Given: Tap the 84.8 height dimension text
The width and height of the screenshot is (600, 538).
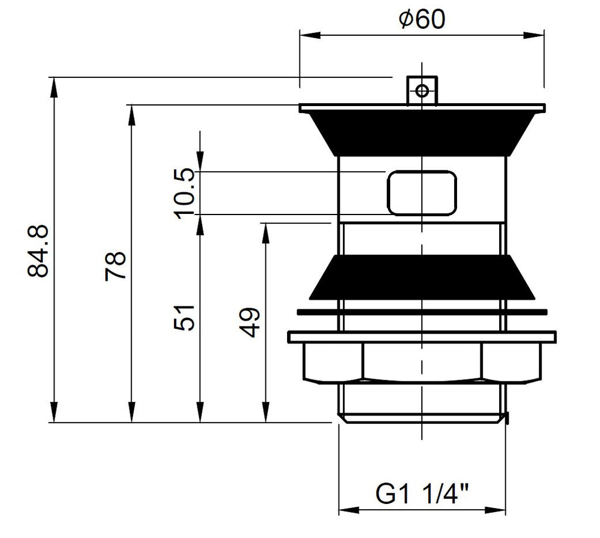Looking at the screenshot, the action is tap(38, 250).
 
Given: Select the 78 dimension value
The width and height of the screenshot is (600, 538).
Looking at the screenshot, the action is tap(115, 266).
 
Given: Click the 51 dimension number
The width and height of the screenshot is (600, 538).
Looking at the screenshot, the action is tap(184, 317).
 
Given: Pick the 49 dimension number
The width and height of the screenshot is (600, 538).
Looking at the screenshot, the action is tap(250, 322).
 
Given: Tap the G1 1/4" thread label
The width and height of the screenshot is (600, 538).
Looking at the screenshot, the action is tap(422, 494).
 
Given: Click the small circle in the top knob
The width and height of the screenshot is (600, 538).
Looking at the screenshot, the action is tap(422, 91).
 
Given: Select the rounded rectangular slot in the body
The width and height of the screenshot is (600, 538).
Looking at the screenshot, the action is tap(422, 193).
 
